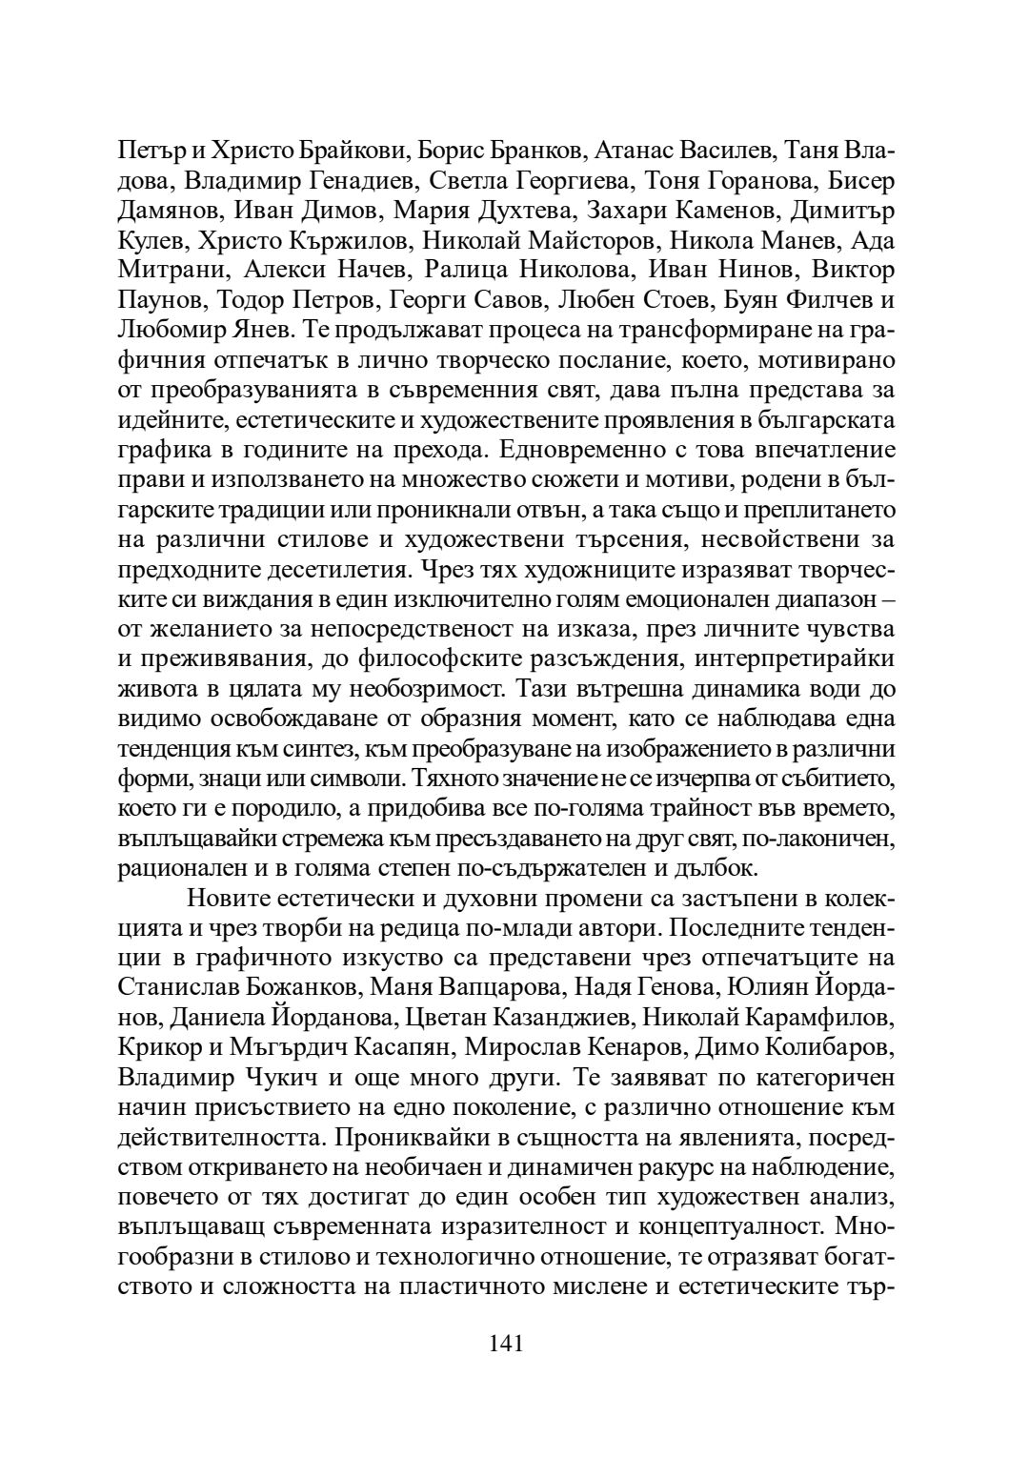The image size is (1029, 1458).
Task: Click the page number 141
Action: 507,1344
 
